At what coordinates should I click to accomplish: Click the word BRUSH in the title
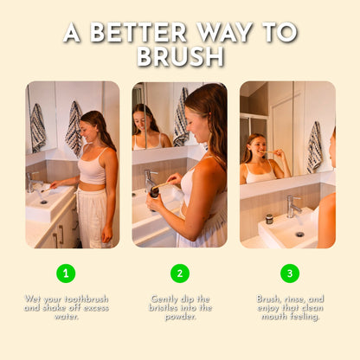click(x=181, y=56)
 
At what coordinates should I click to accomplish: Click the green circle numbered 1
click(x=66, y=273)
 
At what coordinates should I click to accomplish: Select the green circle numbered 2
click(x=180, y=273)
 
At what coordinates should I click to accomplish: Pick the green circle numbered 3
click(x=290, y=273)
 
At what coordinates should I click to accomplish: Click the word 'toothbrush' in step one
click(x=87, y=299)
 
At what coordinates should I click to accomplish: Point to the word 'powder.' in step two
click(x=181, y=317)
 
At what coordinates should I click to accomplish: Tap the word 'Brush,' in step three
click(x=268, y=299)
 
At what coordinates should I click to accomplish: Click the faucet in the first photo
click(x=31, y=182)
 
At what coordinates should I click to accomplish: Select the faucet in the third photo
click(x=293, y=206)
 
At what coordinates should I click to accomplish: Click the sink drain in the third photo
click(x=299, y=235)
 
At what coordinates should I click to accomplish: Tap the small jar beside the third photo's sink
click(x=269, y=219)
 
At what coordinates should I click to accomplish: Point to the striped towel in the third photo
click(x=314, y=147)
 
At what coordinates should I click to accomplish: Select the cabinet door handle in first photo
click(x=61, y=234)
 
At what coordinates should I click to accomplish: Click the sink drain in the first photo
click(x=44, y=202)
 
